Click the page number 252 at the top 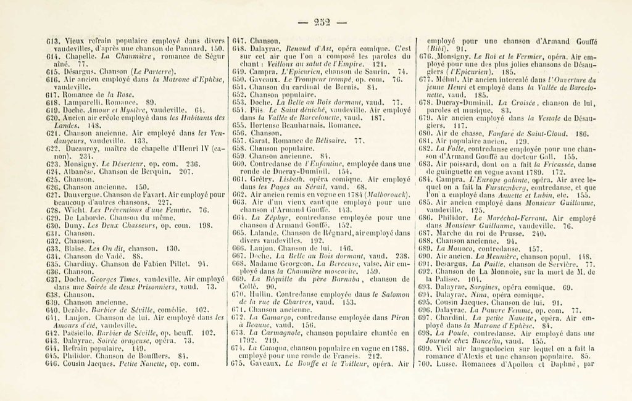tap(322, 23)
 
